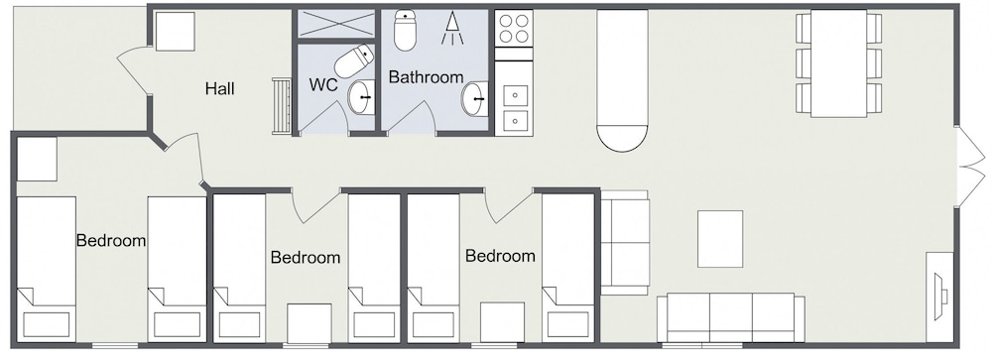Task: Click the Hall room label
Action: point(219,88)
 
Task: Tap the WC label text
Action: point(322,84)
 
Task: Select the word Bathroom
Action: point(426,77)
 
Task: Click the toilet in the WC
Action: point(354,60)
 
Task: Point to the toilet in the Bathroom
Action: point(405,30)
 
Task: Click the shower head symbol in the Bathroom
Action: point(451,28)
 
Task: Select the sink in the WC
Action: point(362,97)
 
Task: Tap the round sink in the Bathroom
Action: point(475,99)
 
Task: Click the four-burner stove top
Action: point(513,28)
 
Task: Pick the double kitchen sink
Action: point(514,107)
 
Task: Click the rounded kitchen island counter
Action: point(623,80)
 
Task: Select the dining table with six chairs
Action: point(838,62)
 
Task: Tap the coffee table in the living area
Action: point(720,239)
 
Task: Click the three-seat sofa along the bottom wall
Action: point(731,317)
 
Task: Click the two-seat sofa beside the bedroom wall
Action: point(624,243)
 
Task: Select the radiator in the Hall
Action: point(282,106)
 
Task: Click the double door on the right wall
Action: point(971,167)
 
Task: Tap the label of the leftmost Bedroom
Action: point(111,240)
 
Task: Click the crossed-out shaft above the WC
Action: point(336,24)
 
